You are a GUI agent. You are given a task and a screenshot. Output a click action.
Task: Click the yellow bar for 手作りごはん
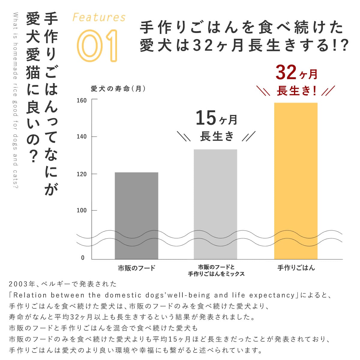click(x=296, y=180)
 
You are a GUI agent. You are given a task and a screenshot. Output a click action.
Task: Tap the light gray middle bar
click(x=215, y=204)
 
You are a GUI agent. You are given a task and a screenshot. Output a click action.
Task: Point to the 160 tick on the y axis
click(x=82, y=100)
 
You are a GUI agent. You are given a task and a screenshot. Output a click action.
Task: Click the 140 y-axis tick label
click(x=82, y=136)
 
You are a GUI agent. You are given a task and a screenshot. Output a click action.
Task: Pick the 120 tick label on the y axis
click(x=82, y=174)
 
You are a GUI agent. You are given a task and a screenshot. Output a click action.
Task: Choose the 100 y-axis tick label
click(x=82, y=210)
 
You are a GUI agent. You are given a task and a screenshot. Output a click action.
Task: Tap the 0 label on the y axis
click(x=83, y=258)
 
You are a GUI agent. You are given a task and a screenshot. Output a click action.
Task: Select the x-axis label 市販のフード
click(x=136, y=268)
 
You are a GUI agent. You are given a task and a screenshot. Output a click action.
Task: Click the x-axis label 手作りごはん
click(x=296, y=268)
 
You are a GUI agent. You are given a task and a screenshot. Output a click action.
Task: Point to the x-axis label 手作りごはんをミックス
click(x=216, y=274)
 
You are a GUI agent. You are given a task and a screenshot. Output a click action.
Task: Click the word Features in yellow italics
click(x=99, y=18)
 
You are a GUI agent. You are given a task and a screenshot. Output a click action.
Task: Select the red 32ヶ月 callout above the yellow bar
click(x=296, y=73)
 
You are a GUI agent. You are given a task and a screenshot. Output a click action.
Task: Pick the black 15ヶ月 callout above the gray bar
click(x=216, y=118)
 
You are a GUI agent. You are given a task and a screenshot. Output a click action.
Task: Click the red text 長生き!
click(x=296, y=91)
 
